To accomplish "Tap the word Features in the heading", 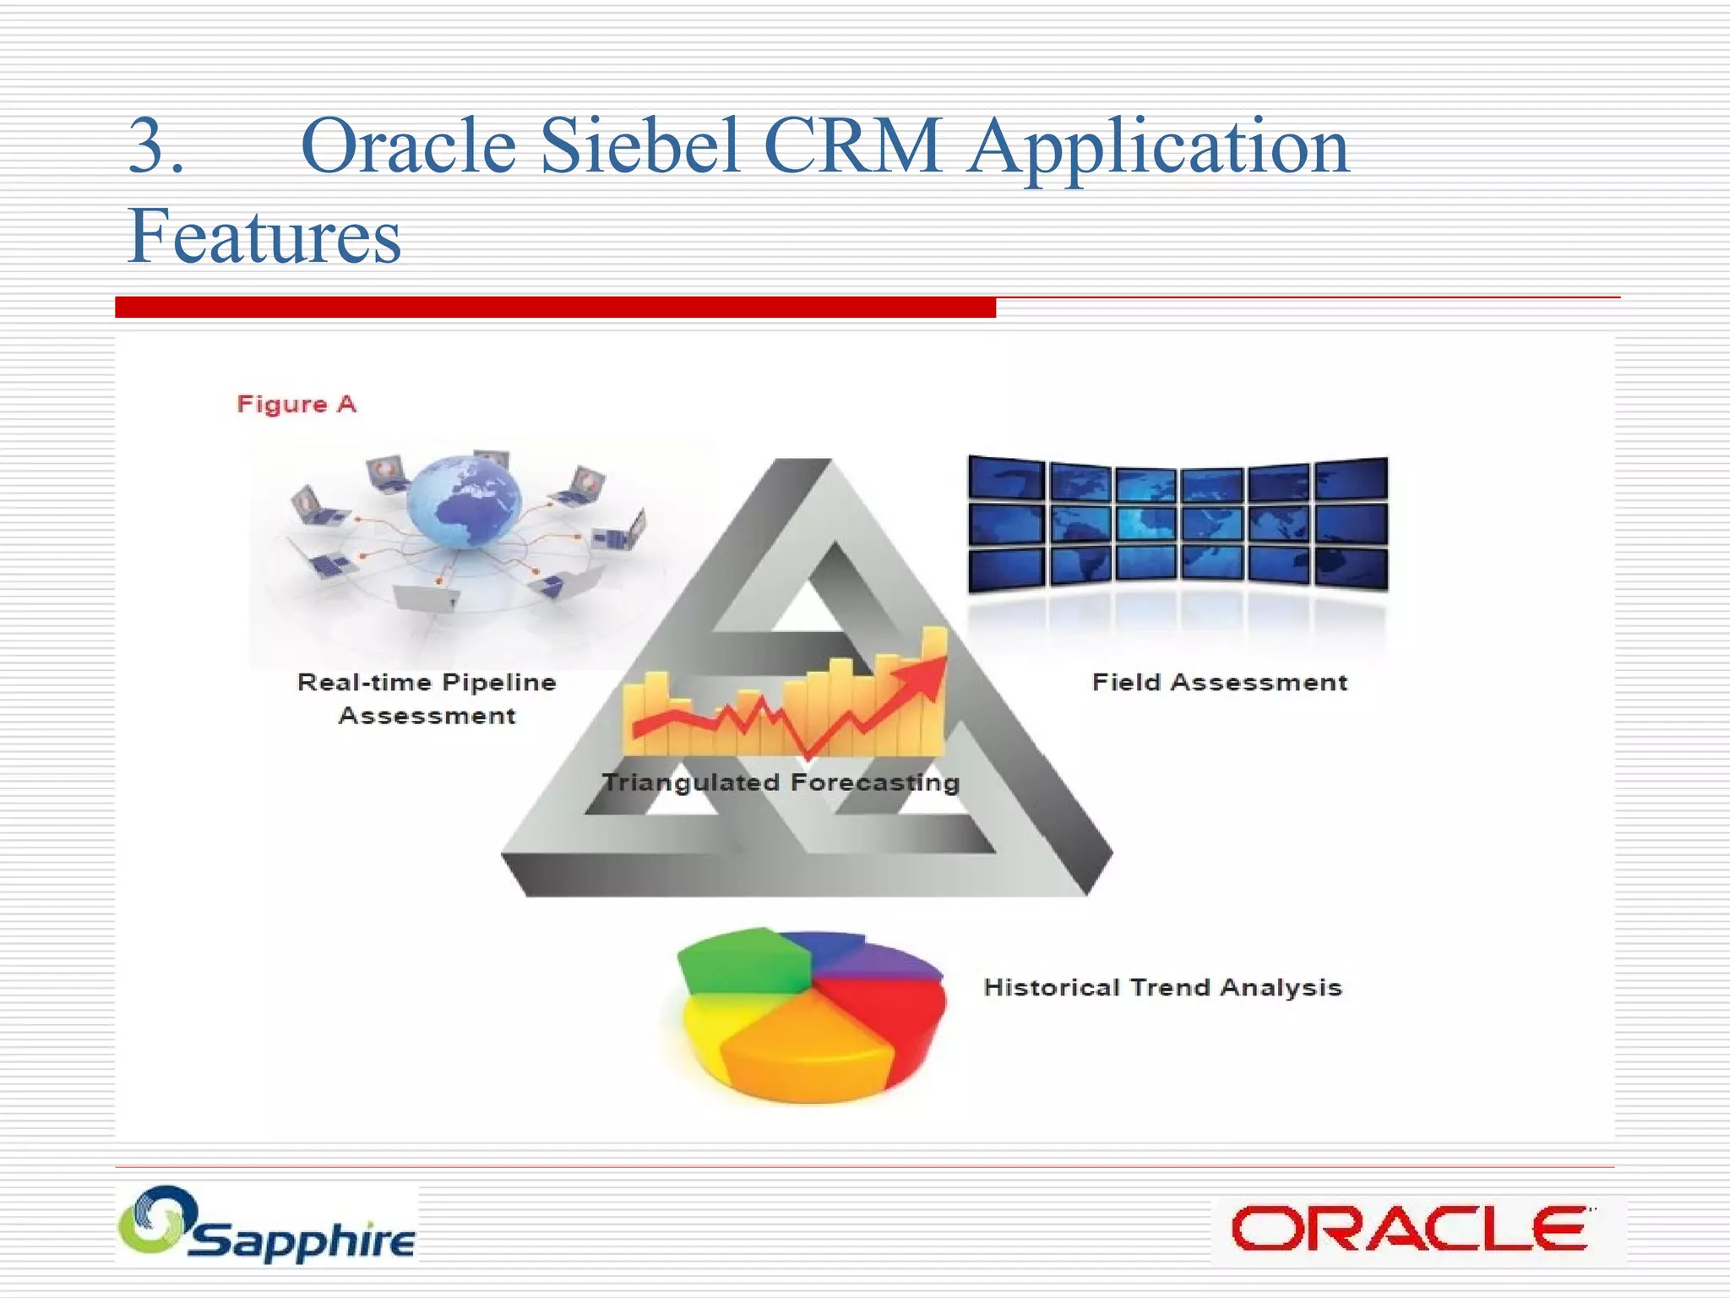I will tap(264, 237).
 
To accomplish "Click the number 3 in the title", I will tap(152, 147).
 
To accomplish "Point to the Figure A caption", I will tap(296, 404).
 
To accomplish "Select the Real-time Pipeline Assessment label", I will tap(427, 698).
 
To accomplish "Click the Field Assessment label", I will tap(1219, 682).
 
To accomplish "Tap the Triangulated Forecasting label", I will tap(781, 782).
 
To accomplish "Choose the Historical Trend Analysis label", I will tap(1162, 987).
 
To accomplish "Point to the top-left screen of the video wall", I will tap(1005, 477).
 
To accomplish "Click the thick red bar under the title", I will tap(555, 308).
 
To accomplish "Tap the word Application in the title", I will tap(1157, 147).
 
